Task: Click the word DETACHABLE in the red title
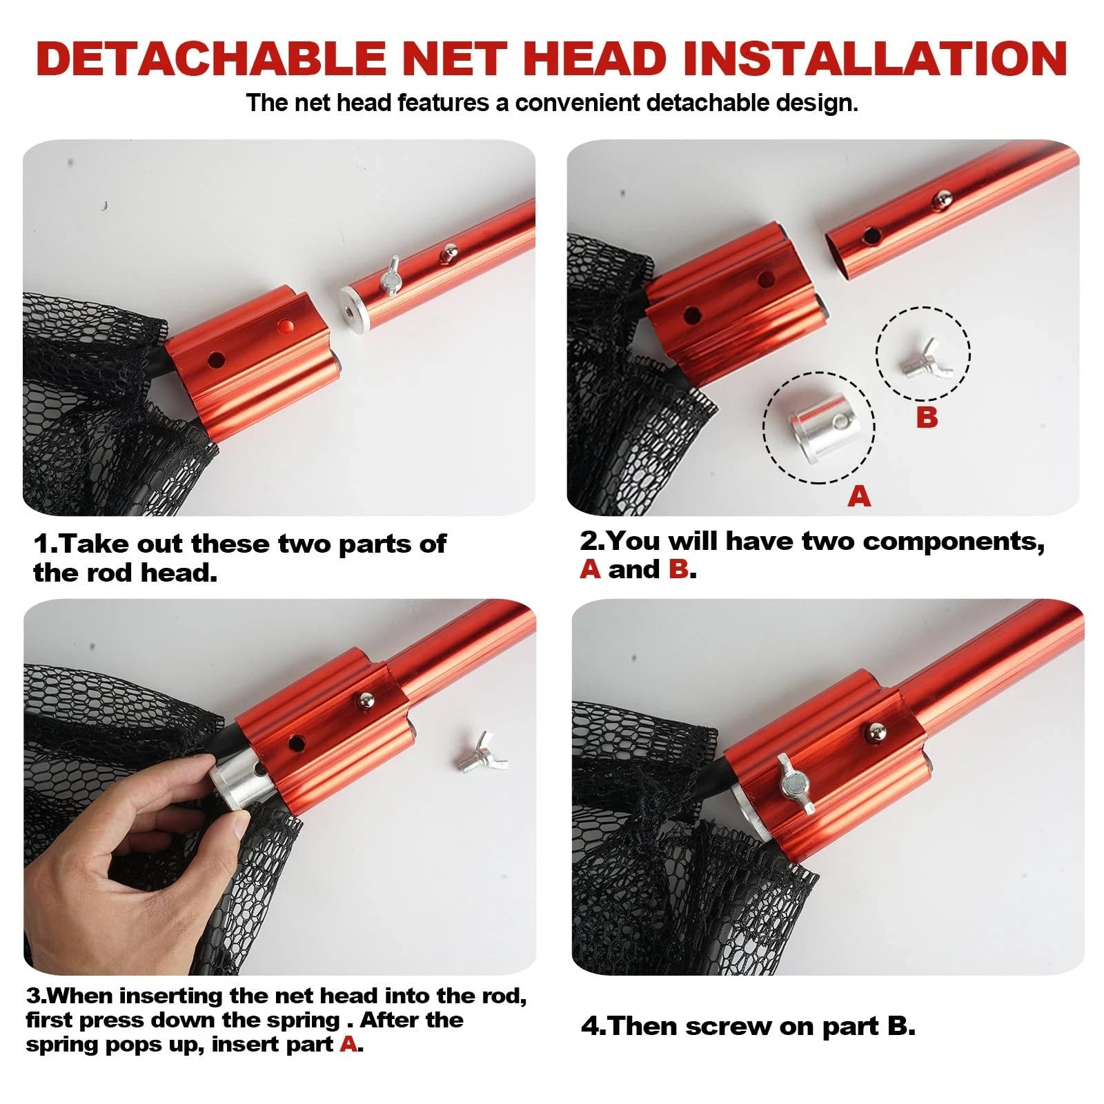coord(210,58)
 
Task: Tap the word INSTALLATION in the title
coord(876,58)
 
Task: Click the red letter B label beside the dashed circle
coord(927,417)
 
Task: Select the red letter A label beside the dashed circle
coord(860,495)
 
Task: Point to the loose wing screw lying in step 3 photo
coord(481,758)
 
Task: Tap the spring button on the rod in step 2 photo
coord(940,199)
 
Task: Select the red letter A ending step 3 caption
coord(348,1044)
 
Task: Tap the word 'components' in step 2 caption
coord(954,542)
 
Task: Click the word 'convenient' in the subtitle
coord(578,103)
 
